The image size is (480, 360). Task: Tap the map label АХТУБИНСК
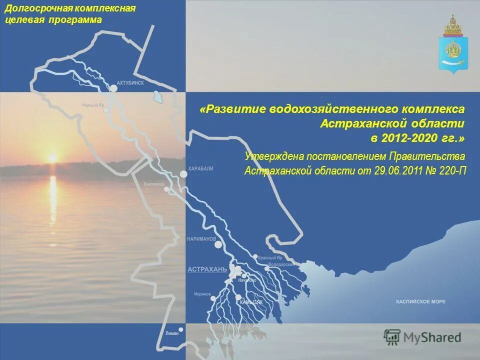[x=129, y=83]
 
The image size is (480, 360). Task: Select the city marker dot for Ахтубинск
[x=113, y=88]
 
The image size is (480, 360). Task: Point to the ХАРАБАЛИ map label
[x=200, y=169]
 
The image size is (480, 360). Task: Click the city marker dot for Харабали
[x=183, y=174]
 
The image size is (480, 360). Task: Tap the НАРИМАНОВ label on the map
[x=201, y=238]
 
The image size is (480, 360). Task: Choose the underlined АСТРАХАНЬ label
[x=207, y=269]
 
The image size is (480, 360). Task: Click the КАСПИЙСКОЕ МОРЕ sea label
[x=420, y=302]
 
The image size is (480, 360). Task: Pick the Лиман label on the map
[x=171, y=333]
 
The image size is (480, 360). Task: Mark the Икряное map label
[x=202, y=294]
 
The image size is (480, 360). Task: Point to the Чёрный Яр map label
[x=93, y=105]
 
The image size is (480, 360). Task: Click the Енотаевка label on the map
[x=154, y=184]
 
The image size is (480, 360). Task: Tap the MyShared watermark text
[x=431, y=337]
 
